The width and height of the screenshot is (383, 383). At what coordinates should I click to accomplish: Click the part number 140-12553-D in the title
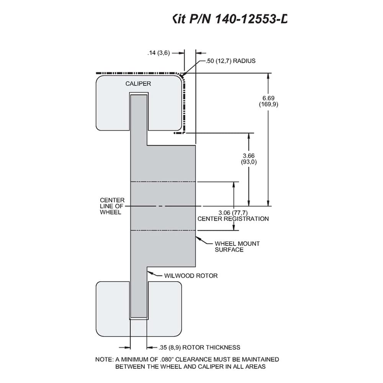pyautogui.click(x=251, y=19)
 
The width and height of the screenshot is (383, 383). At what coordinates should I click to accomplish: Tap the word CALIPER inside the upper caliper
pyautogui.click(x=138, y=83)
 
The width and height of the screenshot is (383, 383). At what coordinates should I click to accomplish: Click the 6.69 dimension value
pyautogui.click(x=268, y=98)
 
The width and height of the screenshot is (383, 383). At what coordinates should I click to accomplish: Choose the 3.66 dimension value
pyautogui.click(x=249, y=155)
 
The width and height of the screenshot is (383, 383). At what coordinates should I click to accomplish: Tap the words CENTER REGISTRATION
pyautogui.click(x=233, y=219)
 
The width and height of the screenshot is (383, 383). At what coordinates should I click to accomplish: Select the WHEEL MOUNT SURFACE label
pyautogui.click(x=237, y=247)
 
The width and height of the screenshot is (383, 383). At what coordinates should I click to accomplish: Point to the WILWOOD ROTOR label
pyautogui.click(x=191, y=276)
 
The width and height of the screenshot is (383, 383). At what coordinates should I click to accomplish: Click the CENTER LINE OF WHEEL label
pyautogui.click(x=112, y=206)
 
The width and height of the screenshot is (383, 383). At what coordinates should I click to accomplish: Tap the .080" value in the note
pyautogui.click(x=167, y=360)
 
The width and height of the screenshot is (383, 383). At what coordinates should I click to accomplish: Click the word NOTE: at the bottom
pyautogui.click(x=104, y=360)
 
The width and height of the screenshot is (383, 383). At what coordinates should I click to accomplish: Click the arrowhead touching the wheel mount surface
pyautogui.click(x=198, y=238)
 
